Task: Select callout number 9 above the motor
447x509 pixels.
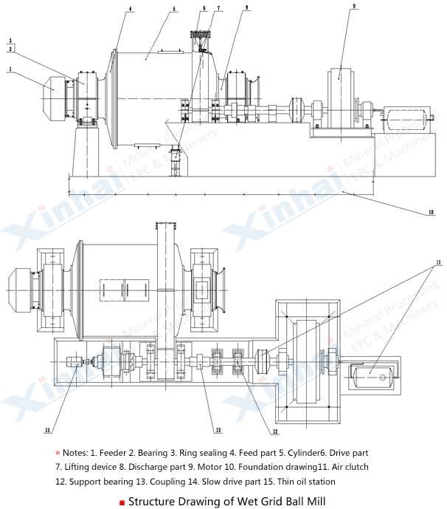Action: (354, 5)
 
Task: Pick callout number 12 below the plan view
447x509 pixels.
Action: (274, 431)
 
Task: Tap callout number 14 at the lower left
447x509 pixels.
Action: (49, 429)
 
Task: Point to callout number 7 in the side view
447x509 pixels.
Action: (219, 9)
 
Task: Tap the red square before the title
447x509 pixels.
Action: (122, 502)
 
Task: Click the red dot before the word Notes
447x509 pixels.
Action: (57, 452)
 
